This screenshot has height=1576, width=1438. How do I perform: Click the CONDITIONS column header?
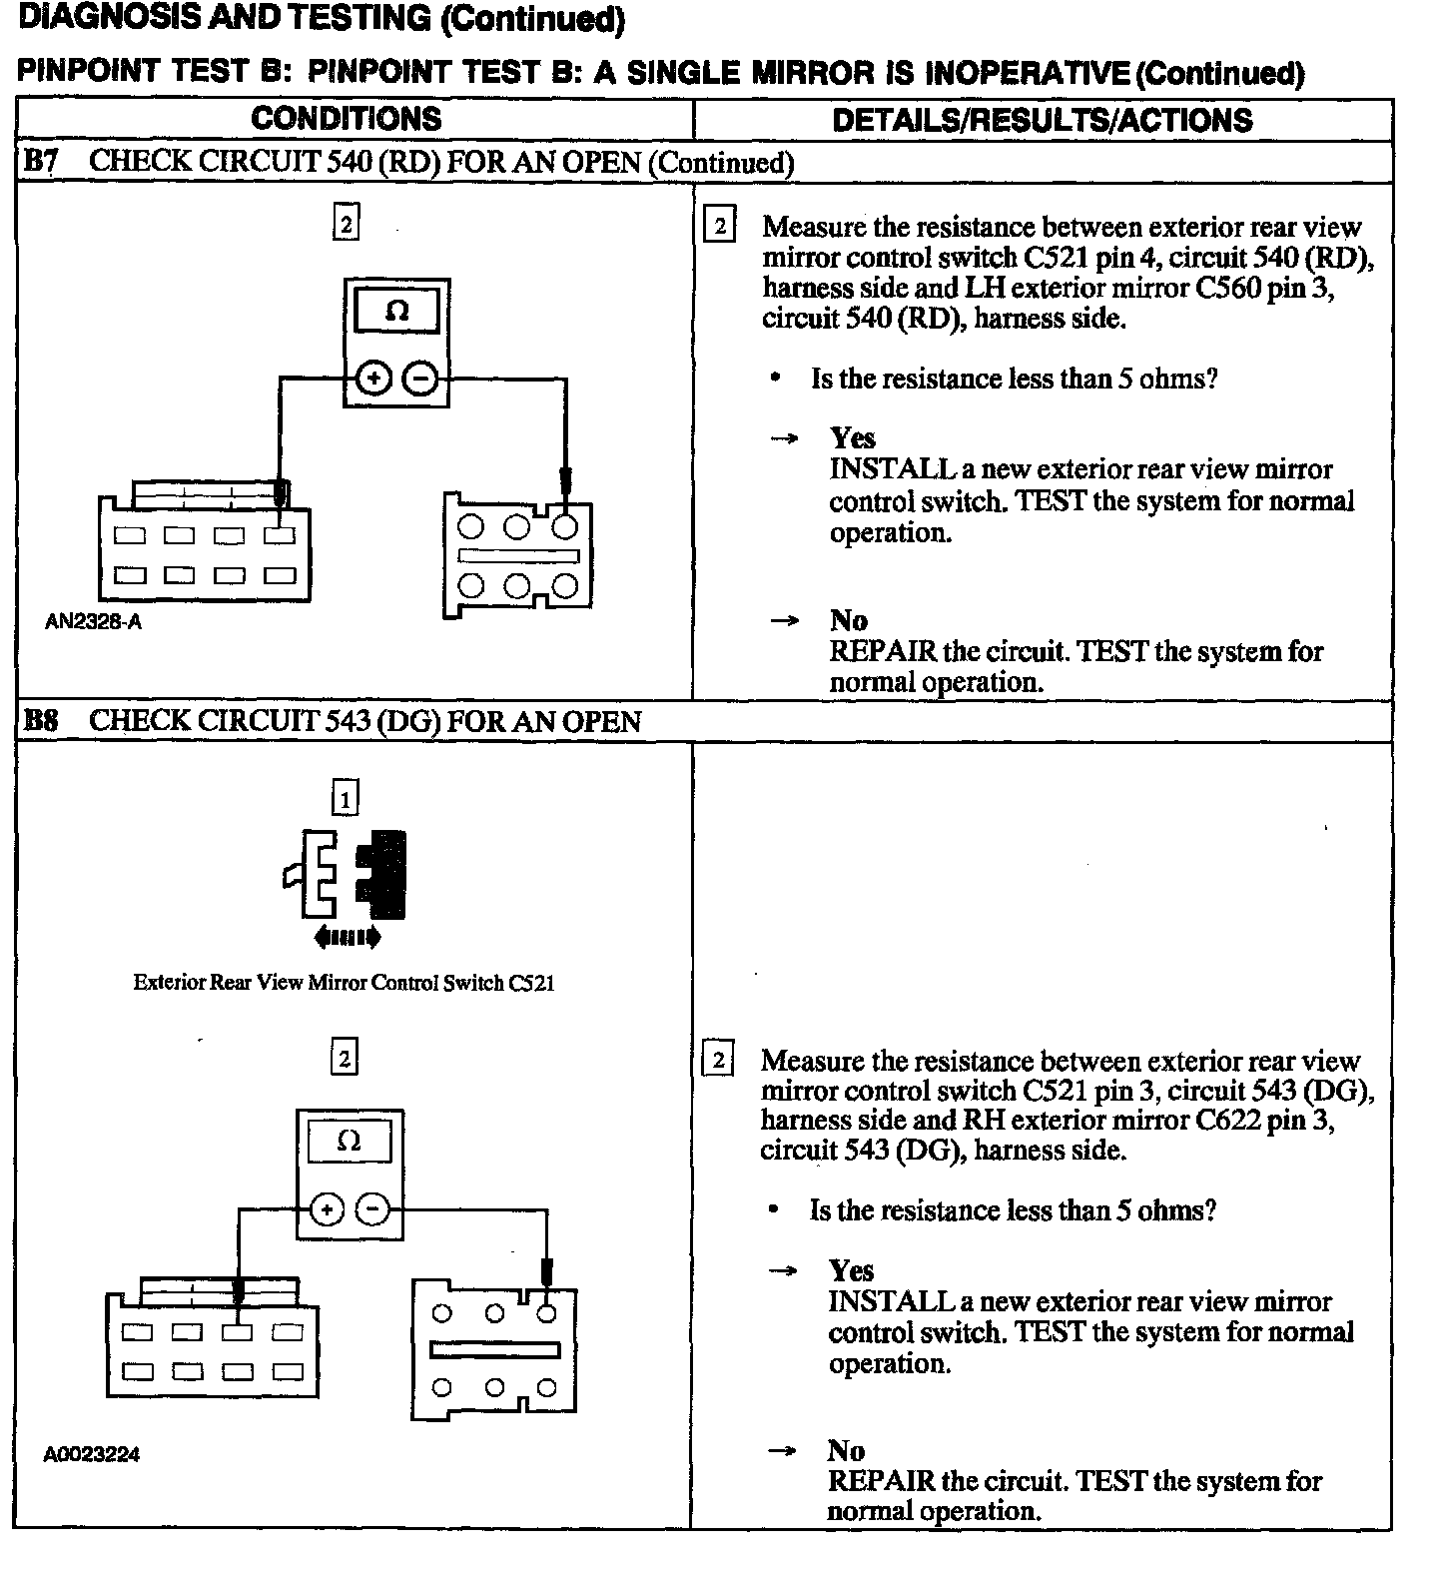(346, 119)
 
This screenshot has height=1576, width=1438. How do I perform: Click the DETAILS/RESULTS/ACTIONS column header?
(1042, 121)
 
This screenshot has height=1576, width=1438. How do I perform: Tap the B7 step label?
(41, 163)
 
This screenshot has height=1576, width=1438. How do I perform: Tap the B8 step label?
(41, 721)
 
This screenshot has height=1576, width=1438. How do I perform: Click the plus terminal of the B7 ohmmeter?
(372, 380)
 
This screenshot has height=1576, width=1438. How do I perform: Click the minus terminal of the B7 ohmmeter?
(420, 380)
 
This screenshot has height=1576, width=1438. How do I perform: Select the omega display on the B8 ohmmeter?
(349, 1142)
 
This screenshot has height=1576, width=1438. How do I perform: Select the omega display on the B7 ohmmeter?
(396, 312)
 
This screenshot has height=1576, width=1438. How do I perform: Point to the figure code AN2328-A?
(93, 622)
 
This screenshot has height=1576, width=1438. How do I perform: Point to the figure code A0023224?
(91, 1454)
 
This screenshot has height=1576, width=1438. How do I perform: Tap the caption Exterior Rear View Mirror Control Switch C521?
(344, 983)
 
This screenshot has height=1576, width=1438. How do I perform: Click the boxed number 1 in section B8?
(345, 798)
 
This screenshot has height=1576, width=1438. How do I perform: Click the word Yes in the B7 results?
(852, 438)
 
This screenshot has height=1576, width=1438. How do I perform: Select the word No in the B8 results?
(846, 1450)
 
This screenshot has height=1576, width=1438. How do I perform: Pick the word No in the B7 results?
(848, 620)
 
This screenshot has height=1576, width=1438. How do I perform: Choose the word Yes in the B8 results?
(851, 1270)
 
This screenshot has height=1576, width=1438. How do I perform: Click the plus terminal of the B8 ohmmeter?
(326, 1210)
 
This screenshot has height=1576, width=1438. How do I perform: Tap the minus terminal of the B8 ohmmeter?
(372, 1210)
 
